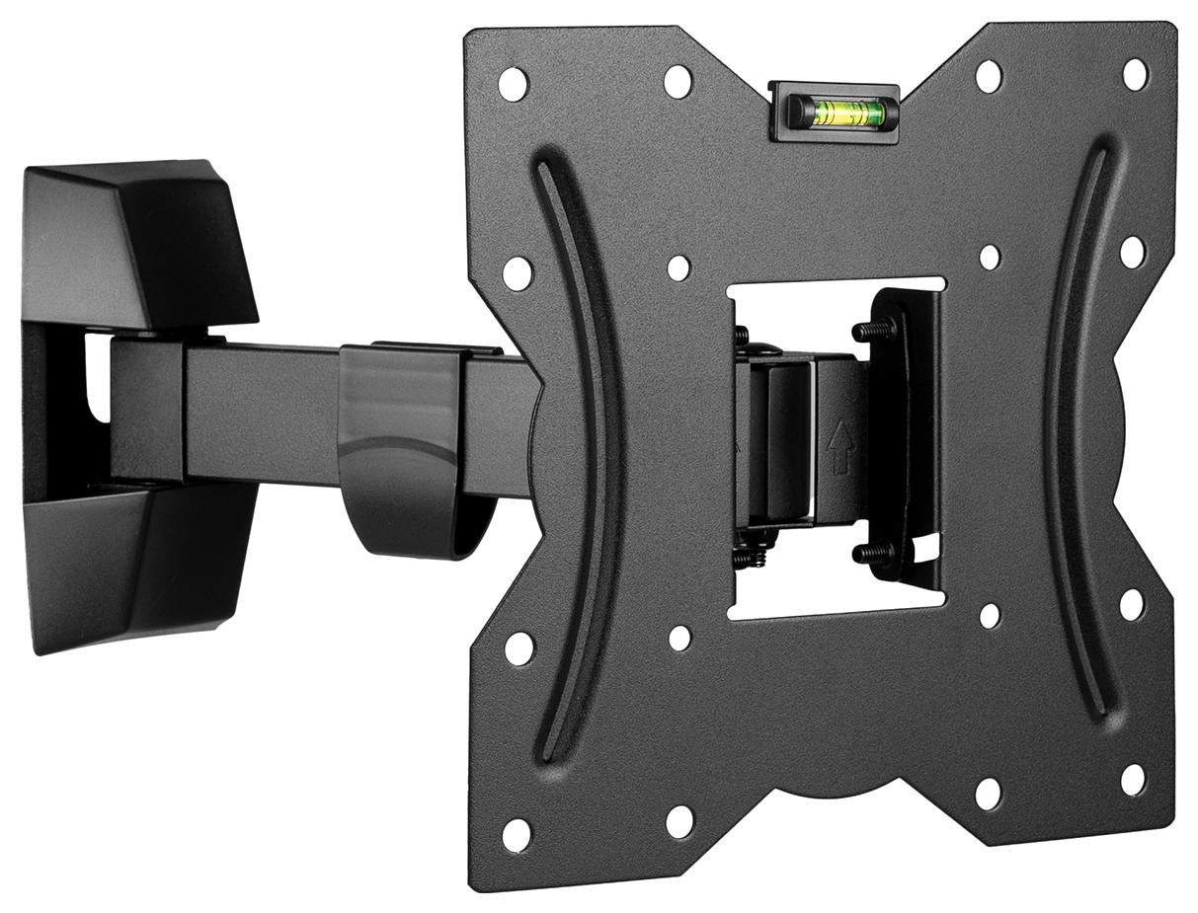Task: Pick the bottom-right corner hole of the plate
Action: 1132,779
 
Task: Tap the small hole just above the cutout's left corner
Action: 679,267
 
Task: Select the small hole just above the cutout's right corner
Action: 990,257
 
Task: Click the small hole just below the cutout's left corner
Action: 680,637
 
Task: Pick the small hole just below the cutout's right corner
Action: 989,616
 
